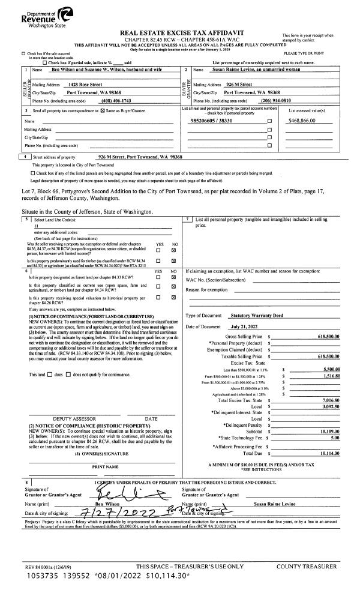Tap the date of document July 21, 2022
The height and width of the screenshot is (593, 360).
tap(248, 326)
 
